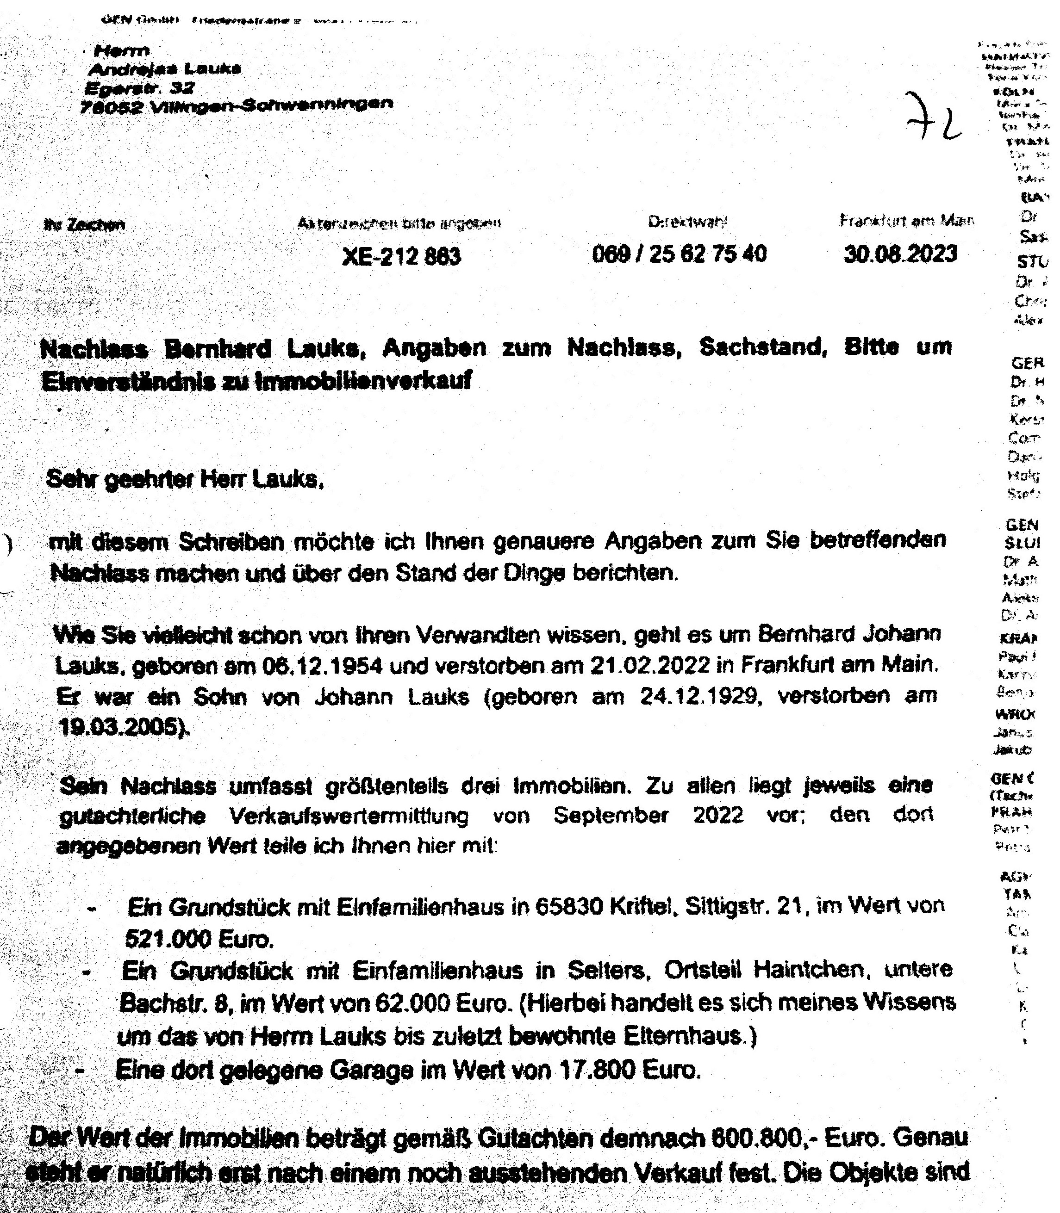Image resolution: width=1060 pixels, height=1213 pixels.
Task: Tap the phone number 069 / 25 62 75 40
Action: (x=679, y=254)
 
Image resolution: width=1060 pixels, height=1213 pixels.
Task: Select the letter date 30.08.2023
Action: (x=900, y=254)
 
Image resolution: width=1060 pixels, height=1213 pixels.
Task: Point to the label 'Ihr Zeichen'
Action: (x=85, y=225)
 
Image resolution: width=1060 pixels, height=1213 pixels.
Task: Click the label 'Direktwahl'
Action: (x=688, y=222)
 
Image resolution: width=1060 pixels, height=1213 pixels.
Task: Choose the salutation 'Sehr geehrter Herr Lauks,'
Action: (x=185, y=479)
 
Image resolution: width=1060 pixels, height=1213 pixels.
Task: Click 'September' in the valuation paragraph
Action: (x=611, y=815)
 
